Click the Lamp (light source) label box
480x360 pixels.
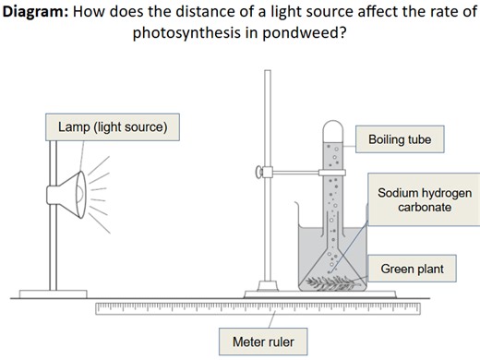pos(112,126)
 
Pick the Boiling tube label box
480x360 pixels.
pos(400,139)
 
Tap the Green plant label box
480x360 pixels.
pos(412,270)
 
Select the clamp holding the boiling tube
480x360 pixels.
pos(286,171)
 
